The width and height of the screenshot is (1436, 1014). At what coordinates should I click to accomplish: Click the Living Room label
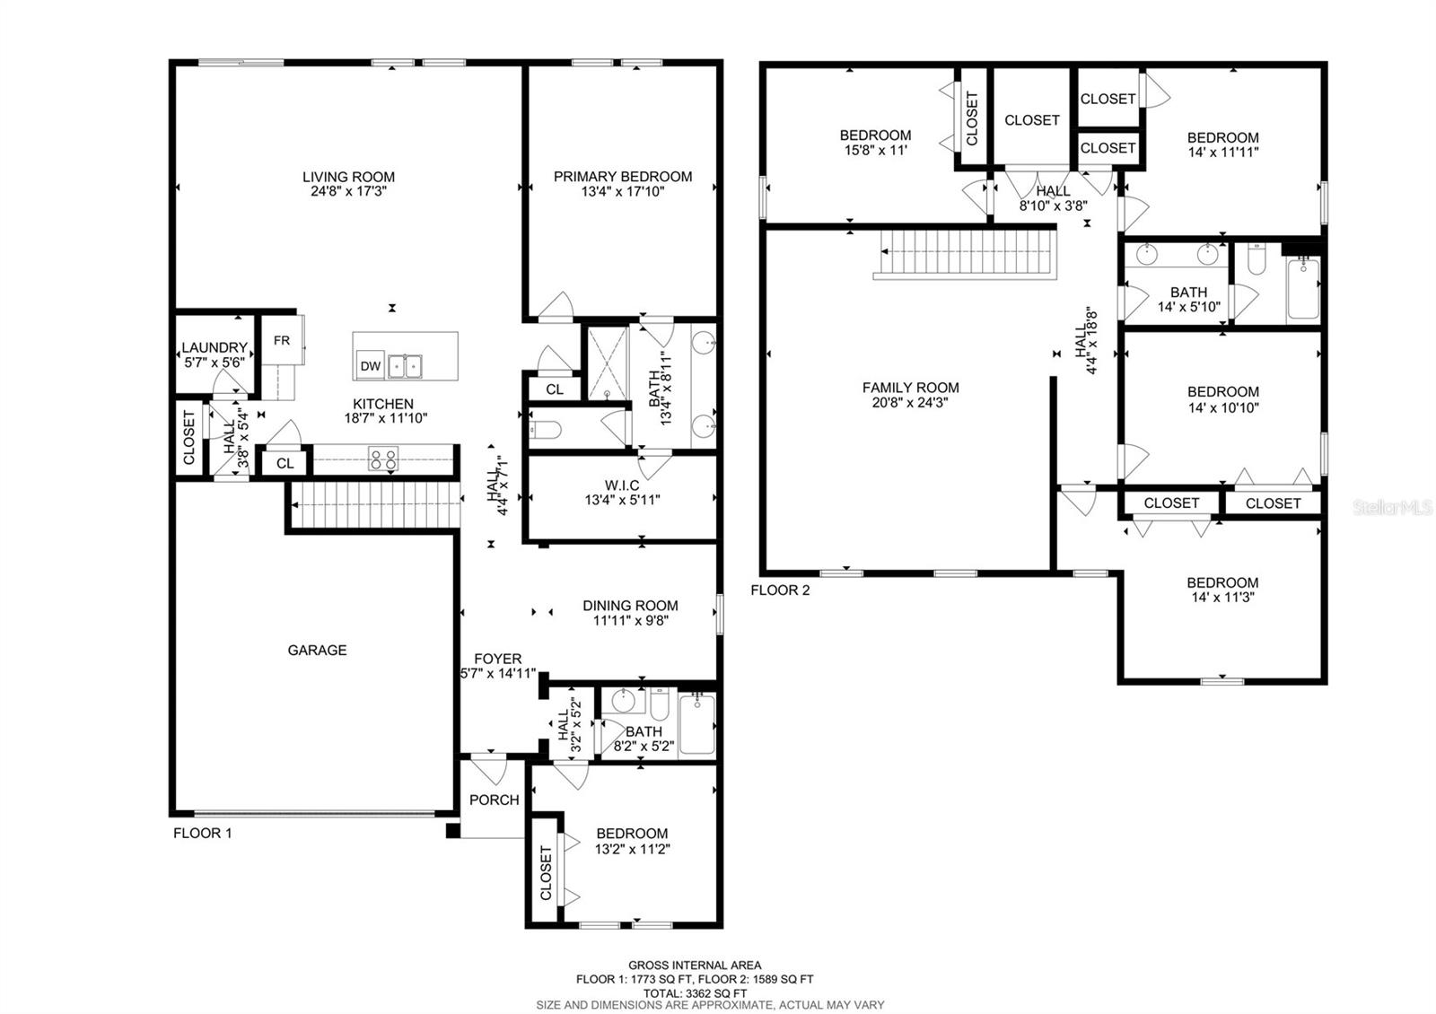pos(348,178)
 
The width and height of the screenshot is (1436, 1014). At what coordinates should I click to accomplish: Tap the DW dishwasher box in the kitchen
pos(371,366)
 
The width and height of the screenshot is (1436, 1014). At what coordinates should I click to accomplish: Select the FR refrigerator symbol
pos(282,341)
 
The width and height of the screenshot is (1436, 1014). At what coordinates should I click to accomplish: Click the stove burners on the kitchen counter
pos(383,459)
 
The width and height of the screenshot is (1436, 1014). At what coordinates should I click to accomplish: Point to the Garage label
pos(317,651)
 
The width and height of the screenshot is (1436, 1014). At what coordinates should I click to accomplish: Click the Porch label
pos(495,800)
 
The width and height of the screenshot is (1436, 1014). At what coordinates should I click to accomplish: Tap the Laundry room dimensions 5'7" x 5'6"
pos(215,363)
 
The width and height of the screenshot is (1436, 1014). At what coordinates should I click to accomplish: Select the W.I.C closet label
pos(622,485)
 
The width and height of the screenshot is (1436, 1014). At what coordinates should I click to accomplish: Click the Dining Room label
pos(630,606)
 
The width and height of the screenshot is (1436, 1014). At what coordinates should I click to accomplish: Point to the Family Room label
pos(910,388)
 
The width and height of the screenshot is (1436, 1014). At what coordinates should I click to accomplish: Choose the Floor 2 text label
pos(780,590)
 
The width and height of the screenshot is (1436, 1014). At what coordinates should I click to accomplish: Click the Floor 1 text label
pos(203,833)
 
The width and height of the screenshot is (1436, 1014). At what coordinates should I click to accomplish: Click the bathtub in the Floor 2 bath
pos(1304,289)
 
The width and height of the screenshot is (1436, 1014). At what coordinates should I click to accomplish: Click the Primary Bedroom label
pos(623,177)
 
